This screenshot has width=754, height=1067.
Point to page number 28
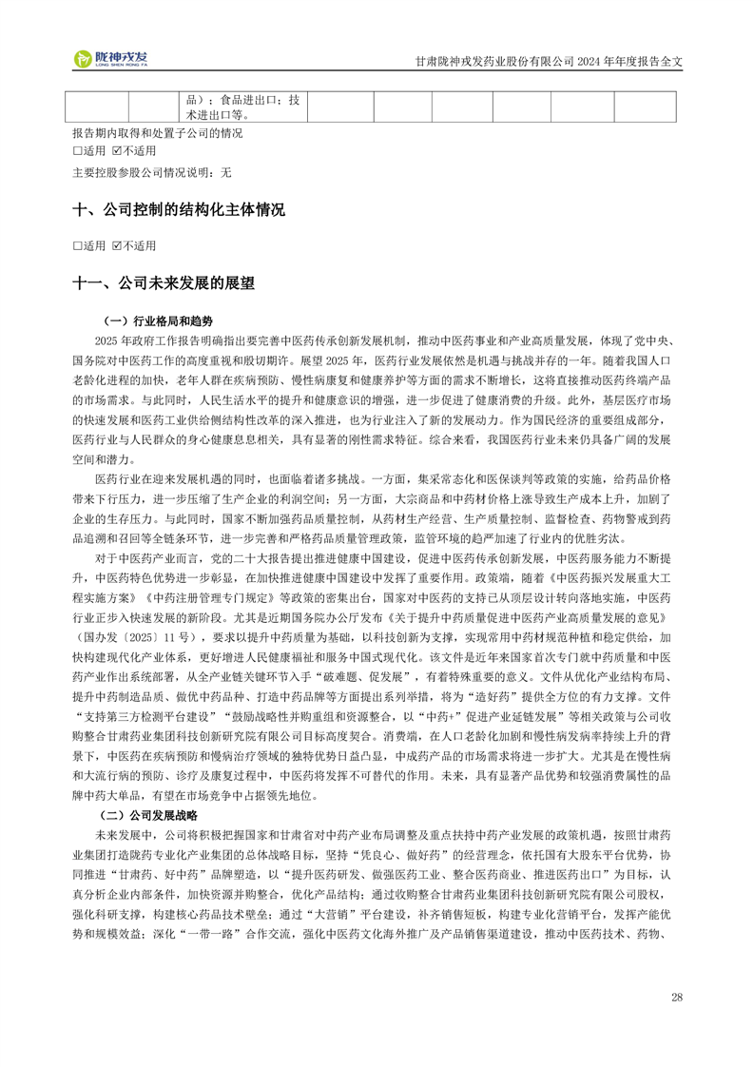(x=677, y=998)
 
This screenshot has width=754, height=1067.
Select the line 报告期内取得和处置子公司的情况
(x=157, y=133)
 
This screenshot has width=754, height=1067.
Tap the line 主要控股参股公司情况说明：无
(x=151, y=173)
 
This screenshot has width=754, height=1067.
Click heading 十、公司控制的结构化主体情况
(x=179, y=210)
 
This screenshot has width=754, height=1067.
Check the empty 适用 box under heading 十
(x=77, y=246)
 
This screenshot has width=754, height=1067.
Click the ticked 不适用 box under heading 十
(x=117, y=246)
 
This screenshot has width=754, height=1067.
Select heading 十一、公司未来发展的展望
(x=164, y=283)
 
